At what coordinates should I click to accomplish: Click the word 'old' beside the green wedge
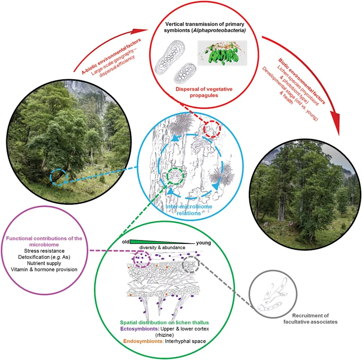tap(125, 242)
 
